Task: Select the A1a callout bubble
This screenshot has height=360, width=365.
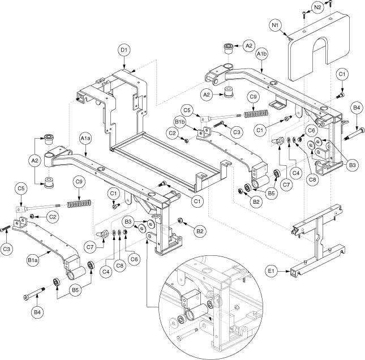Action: (85, 139)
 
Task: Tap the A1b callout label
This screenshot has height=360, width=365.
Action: (262, 54)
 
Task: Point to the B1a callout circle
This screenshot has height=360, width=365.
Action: (33, 260)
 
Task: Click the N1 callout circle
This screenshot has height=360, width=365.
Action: (276, 25)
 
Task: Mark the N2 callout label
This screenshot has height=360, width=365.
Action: (317, 7)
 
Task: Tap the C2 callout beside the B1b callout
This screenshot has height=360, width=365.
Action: (172, 133)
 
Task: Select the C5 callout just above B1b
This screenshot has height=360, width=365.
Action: (187, 110)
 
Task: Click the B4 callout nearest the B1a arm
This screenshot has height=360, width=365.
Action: (37, 312)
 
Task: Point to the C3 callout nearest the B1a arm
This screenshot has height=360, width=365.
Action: (7, 249)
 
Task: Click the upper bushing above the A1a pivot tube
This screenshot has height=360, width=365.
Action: (49, 139)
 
